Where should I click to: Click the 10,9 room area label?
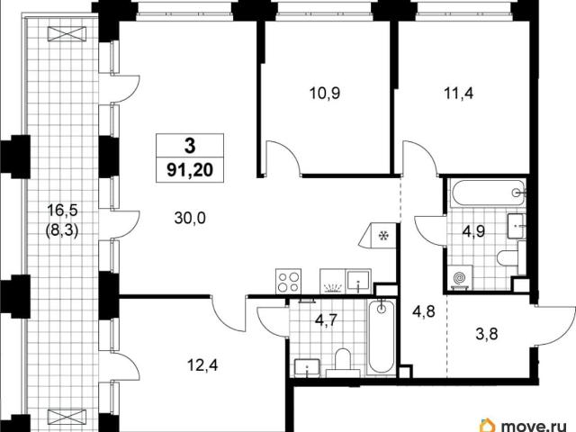325,94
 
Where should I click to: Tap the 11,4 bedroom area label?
459,94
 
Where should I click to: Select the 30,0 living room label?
190,218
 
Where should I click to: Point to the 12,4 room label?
202,365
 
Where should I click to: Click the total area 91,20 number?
190,170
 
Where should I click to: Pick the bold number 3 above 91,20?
190,146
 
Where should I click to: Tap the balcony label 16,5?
62,211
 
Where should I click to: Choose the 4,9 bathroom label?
474,231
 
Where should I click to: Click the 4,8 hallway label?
424,312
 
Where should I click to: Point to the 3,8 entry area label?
487,334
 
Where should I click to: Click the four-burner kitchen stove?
288,282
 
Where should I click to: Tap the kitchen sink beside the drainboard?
358,282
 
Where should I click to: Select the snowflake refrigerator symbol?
384,235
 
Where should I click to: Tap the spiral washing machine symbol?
460,278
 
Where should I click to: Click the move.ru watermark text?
534,427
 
